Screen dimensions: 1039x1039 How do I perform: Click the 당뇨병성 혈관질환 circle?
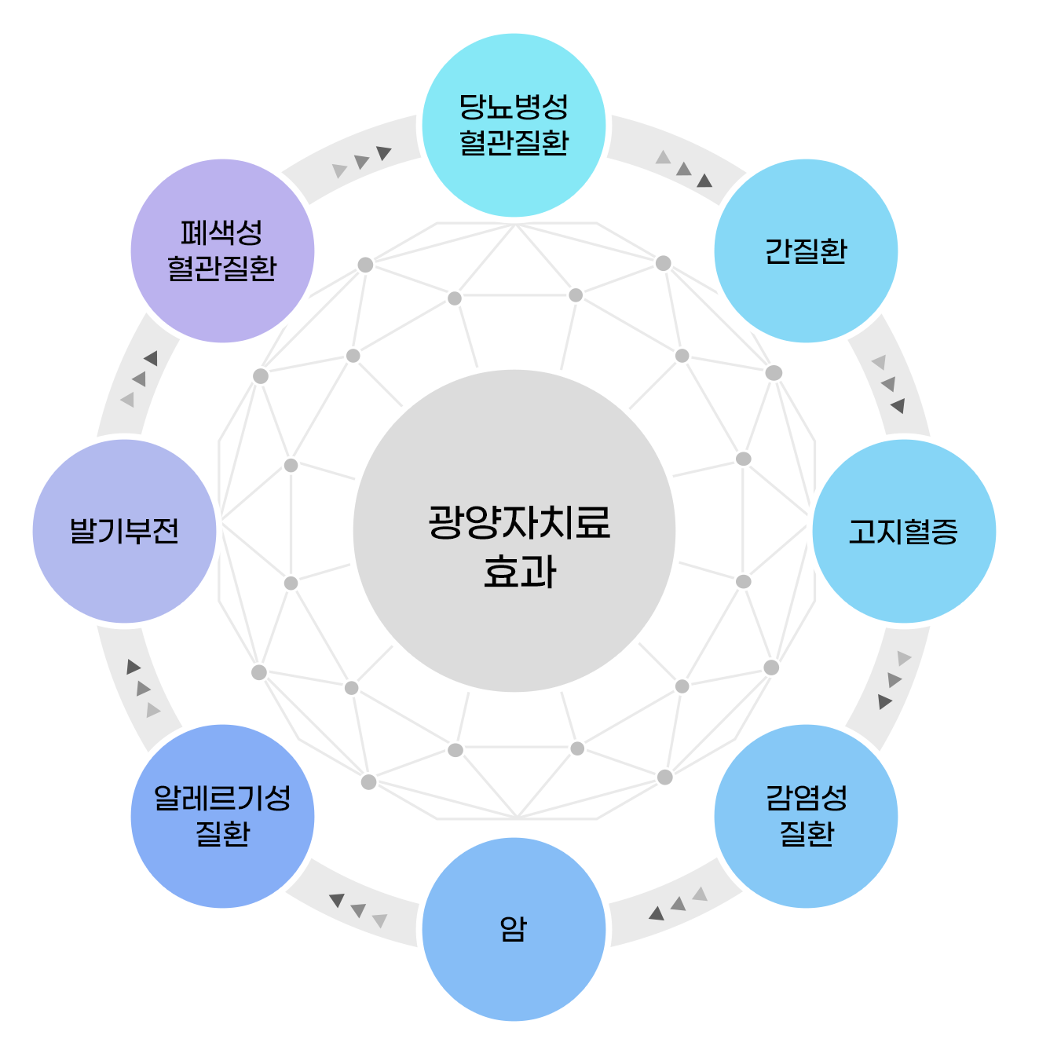pyautogui.click(x=514, y=125)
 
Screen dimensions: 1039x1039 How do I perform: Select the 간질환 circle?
pyautogui.click(x=806, y=251)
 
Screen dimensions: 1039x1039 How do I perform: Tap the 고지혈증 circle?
pyautogui.click(x=904, y=531)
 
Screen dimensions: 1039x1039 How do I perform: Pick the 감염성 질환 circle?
pyautogui.click(x=806, y=816)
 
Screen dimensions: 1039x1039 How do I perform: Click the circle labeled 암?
pyautogui.click(x=514, y=929)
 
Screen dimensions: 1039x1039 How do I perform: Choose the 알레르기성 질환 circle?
pyautogui.click(x=222, y=816)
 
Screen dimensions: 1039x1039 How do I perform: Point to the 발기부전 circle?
pyautogui.click(x=124, y=531)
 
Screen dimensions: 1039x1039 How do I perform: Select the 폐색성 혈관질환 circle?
pyautogui.click(x=222, y=251)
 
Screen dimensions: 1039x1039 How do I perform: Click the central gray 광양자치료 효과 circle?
pyautogui.click(x=514, y=531)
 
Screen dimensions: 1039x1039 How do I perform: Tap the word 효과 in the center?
pyautogui.click(x=519, y=572)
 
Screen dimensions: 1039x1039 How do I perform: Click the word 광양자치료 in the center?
pyautogui.click(x=519, y=522)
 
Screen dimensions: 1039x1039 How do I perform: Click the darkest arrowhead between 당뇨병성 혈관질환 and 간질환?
pyautogui.click(x=704, y=181)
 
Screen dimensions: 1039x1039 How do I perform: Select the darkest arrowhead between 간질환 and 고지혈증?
pyautogui.click(x=898, y=405)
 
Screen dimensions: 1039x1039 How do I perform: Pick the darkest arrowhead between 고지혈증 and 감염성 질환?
pyautogui.click(x=884, y=701)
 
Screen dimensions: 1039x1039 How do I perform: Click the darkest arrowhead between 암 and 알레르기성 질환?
pyautogui.click(x=337, y=900)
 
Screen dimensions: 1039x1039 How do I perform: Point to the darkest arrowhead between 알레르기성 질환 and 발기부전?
pyautogui.click(x=133, y=667)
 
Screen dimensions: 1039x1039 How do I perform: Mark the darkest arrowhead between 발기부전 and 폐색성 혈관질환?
pyautogui.click(x=151, y=358)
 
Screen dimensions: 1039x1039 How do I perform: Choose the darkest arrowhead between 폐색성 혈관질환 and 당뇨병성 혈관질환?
pyautogui.click(x=383, y=152)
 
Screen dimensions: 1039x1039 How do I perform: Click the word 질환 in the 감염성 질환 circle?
pyautogui.click(x=807, y=833)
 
